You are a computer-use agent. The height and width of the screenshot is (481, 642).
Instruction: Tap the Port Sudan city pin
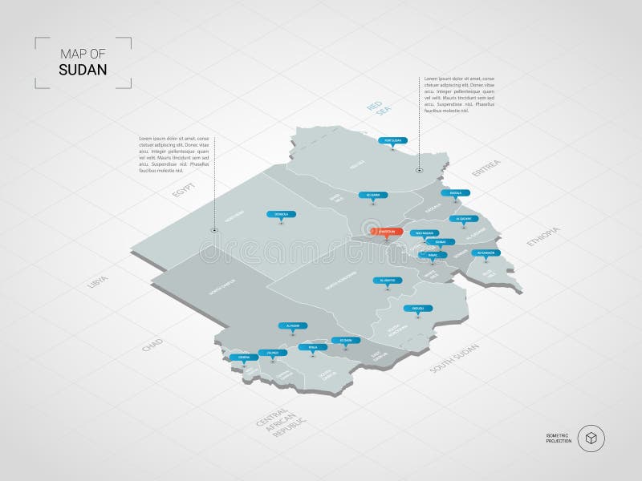pos(392,140)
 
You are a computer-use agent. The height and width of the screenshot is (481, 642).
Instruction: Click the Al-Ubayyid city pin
pos(384,280)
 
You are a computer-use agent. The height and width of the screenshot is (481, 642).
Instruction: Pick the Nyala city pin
pos(307,347)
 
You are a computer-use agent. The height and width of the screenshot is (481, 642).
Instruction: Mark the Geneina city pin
pos(238,358)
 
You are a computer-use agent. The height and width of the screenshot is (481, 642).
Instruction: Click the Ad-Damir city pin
pos(372,194)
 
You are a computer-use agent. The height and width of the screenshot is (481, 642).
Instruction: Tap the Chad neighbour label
pos(152,346)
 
